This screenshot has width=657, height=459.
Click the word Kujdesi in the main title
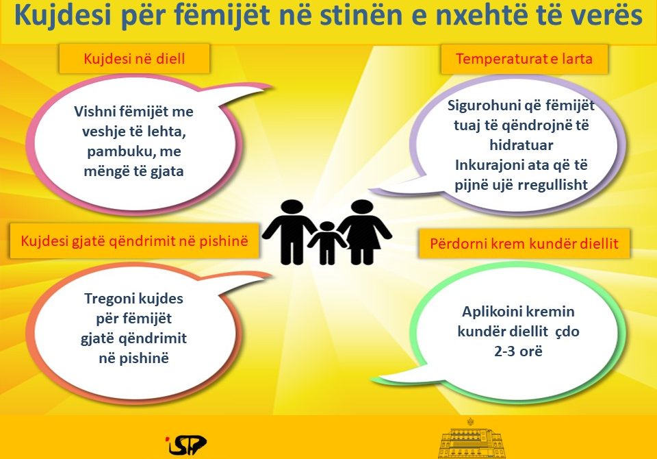(x=63, y=16)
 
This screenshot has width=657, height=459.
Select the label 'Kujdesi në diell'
(x=134, y=58)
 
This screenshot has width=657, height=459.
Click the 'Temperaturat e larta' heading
(x=524, y=58)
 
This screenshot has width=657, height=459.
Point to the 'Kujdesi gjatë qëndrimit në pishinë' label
(x=134, y=241)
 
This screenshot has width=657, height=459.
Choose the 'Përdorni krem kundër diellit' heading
(x=524, y=243)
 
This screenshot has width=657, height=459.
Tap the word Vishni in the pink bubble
(x=96, y=112)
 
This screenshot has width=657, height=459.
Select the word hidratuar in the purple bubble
(x=521, y=145)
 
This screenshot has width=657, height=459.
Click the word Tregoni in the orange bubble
(x=109, y=299)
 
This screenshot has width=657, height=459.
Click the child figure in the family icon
(x=327, y=243)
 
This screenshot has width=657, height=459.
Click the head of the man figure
(x=292, y=208)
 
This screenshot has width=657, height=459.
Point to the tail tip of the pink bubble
(x=273, y=87)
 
